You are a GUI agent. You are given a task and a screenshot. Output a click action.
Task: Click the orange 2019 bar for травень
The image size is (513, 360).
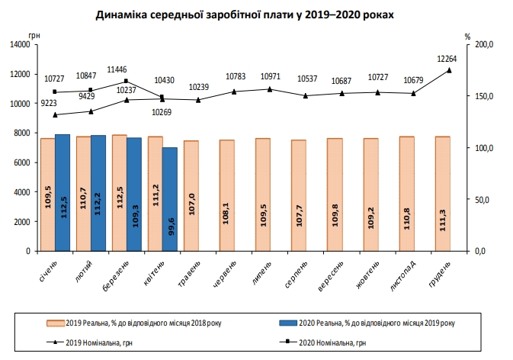[191, 195]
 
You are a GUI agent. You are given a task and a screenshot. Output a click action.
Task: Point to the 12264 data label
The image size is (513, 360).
[447, 59]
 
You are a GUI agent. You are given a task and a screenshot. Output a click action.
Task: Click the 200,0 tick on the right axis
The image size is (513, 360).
[485, 45]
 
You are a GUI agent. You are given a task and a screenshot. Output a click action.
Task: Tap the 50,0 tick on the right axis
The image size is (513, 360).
[483, 199]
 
